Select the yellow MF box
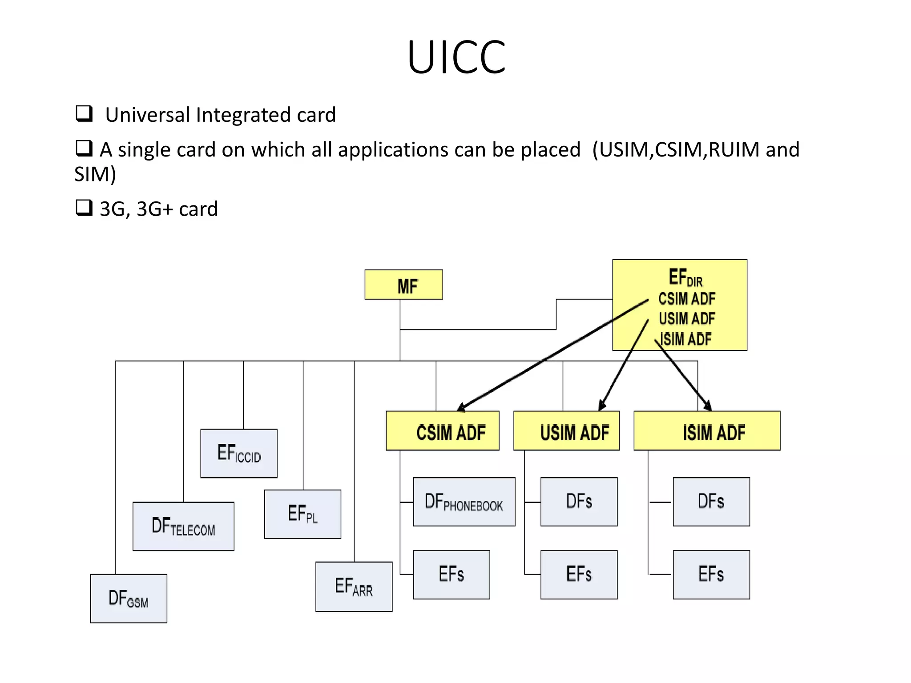[403, 285]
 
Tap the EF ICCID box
[239, 453]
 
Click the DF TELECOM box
[183, 526]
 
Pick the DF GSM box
[129, 599]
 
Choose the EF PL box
[302, 514]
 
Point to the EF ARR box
[354, 587]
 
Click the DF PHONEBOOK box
[464, 502]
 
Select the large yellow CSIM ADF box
[443, 431]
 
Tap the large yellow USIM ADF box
[566, 431]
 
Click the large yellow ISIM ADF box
[707, 431]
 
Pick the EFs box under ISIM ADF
[711, 575]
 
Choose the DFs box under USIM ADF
[579, 502]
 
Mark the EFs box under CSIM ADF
[451, 575]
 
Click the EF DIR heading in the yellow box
[685, 277]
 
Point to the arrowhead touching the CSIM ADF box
[461, 407]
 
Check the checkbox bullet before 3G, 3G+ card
[84, 208]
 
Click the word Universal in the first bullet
[147, 115]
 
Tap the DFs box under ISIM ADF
[711, 502]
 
